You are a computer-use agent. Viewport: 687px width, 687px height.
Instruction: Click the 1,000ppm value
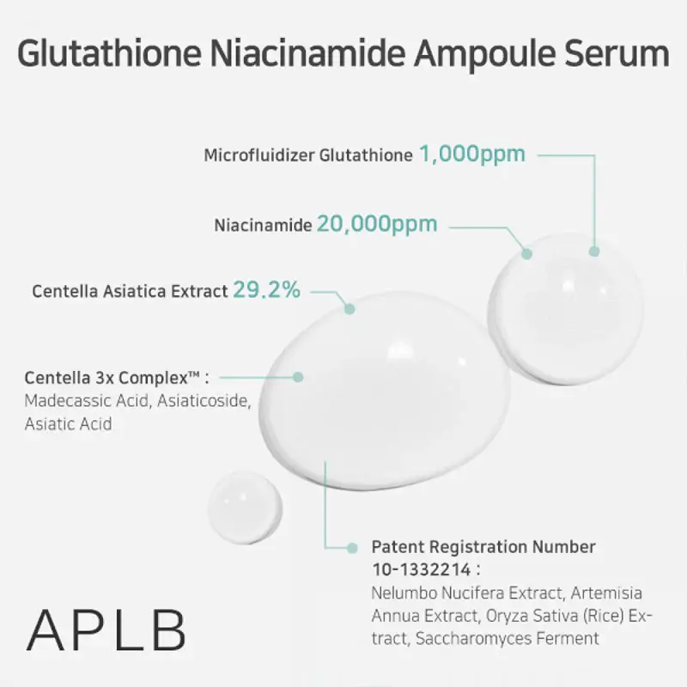(471, 155)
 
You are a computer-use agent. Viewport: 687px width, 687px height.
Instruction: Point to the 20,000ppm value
(377, 224)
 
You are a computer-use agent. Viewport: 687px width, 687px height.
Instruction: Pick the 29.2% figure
(266, 290)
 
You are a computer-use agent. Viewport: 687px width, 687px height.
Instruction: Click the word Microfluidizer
(258, 156)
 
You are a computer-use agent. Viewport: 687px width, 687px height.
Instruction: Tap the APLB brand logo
(106, 630)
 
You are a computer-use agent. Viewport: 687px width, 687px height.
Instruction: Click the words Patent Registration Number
(483, 547)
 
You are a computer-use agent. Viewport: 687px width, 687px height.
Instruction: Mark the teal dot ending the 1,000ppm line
(593, 251)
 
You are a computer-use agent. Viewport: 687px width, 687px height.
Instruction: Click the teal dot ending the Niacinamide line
(528, 253)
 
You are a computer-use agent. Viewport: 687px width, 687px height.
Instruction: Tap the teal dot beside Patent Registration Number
(351, 547)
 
